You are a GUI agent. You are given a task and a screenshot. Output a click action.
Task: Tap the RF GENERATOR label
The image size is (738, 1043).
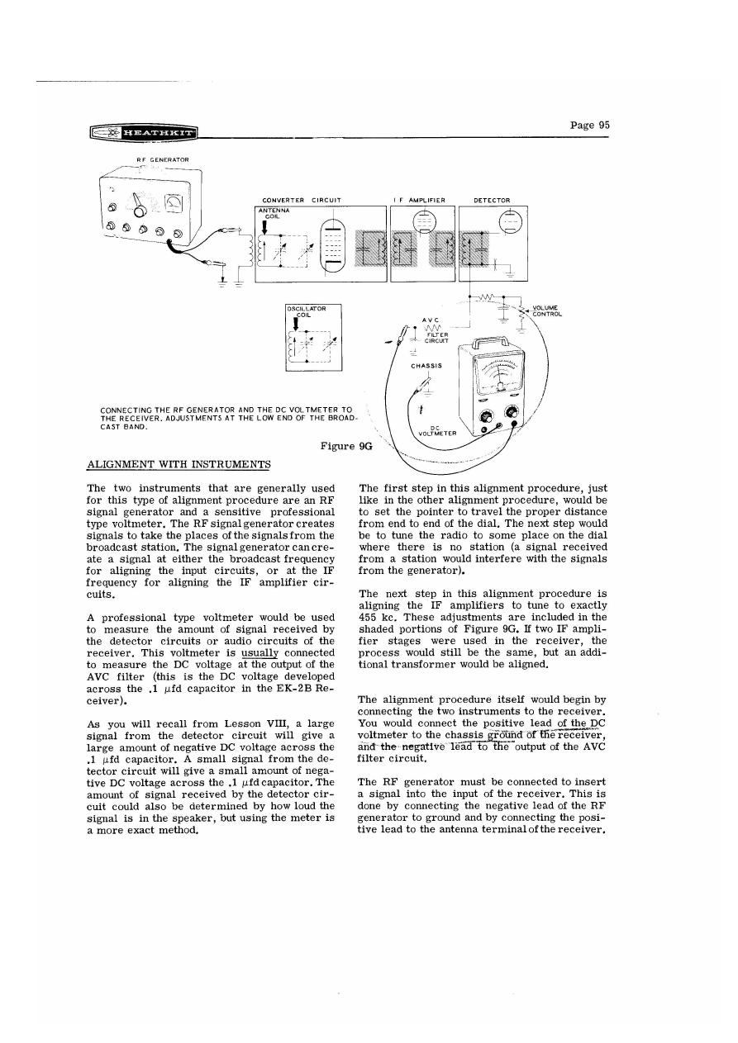(x=163, y=159)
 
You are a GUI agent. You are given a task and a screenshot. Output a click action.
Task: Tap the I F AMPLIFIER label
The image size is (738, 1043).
(x=421, y=200)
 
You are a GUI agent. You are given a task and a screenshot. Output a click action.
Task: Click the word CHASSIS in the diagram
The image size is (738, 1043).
(x=426, y=363)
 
